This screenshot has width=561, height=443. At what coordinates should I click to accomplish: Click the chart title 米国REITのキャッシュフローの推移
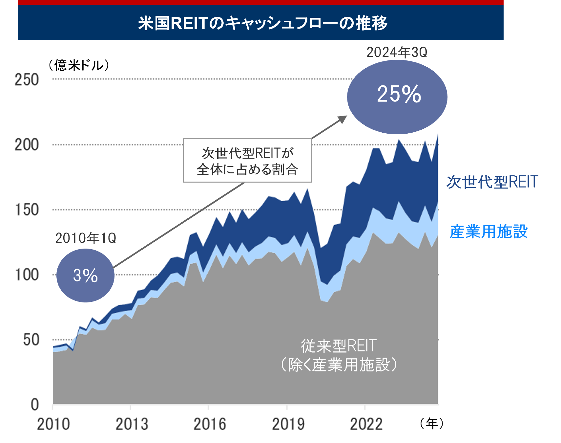tap(263, 23)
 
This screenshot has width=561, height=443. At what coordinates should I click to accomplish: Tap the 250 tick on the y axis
tap(27, 80)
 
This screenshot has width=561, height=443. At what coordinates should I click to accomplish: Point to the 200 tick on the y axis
tap(27, 145)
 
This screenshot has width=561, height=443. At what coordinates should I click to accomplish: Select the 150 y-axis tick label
tap(27, 210)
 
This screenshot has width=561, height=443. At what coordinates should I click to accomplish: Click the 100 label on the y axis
tap(27, 275)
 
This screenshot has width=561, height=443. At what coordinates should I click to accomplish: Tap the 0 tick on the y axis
tap(35, 405)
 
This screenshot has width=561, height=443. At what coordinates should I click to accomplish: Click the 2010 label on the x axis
tap(53, 424)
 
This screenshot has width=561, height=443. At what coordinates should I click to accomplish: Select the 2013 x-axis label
tap(132, 424)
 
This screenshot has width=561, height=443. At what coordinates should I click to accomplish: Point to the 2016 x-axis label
tap(210, 424)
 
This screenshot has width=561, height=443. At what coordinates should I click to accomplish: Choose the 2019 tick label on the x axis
tap(288, 424)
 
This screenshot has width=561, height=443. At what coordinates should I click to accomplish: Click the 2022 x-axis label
tap(366, 424)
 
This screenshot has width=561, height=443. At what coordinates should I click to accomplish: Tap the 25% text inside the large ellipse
tap(399, 94)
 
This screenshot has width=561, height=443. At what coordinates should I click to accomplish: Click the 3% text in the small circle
tap(85, 276)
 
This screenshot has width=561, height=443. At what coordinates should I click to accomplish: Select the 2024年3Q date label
tap(396, 53)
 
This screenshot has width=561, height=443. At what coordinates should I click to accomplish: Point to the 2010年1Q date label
tap(86, 238)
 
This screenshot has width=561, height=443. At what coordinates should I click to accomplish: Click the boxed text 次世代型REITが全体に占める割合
tap(247, 161)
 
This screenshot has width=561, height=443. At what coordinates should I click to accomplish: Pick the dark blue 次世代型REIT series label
tap(492, 182)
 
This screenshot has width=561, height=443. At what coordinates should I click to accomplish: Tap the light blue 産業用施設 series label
tap(489, 232)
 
